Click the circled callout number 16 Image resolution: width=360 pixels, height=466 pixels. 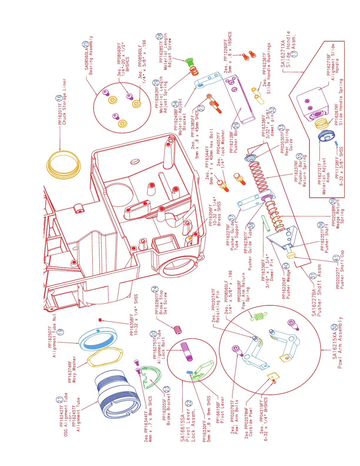coord(59,98)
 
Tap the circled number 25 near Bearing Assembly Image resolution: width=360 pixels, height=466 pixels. coord(85,44)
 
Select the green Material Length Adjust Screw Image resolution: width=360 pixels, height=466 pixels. coord(189,62)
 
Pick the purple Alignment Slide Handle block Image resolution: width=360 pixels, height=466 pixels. coord(312,103)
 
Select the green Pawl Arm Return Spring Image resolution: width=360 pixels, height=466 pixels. coord(259,316)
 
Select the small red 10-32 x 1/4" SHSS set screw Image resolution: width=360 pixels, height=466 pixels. coord(100,320)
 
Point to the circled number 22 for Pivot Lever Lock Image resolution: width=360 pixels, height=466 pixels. coord(189,403)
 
